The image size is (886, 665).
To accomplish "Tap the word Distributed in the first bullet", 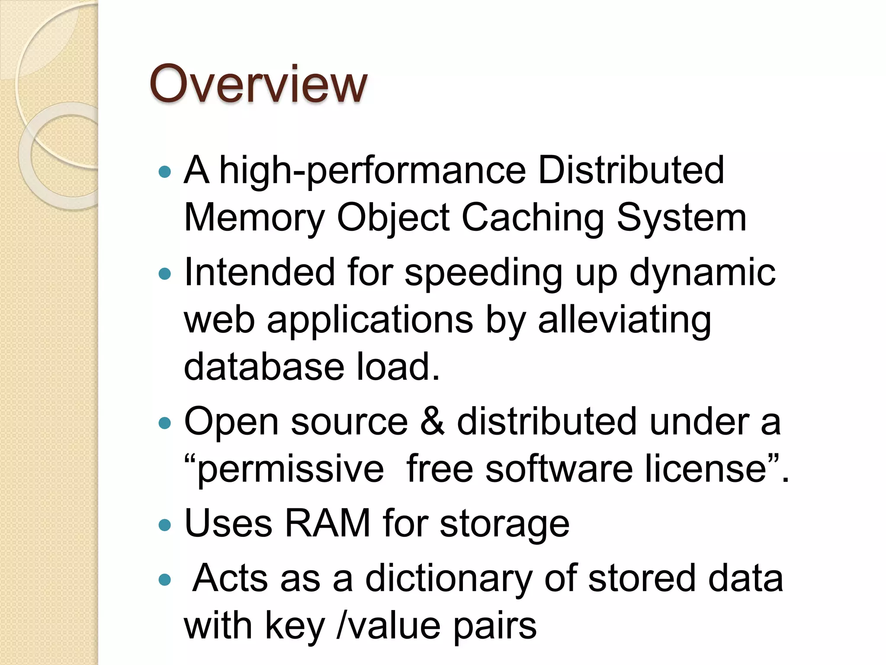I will click(x=631, y=170).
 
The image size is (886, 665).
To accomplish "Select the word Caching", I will click(x=533, y=218).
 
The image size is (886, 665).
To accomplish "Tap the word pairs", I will click(x=494, y=626).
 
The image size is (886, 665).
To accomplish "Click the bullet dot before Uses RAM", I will click(x=165, y=525).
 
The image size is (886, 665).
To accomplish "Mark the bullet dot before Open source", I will click(x=165, y=423).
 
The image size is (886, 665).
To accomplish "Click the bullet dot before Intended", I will click(x=165, y=274).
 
